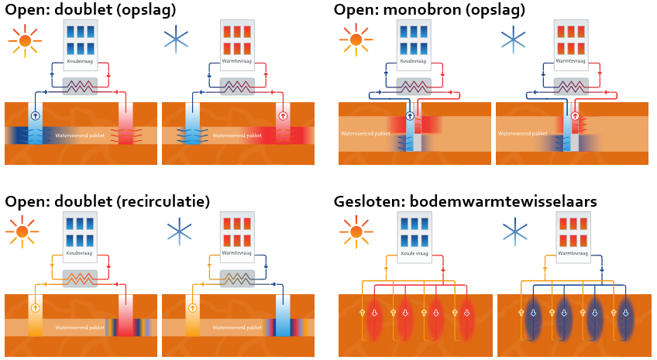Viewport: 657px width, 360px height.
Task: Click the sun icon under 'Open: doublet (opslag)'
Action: [x=26, y=39]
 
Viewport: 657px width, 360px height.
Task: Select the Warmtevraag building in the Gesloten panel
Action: [x=573, y=234]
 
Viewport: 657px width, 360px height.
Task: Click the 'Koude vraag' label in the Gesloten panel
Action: [x=414, y=253]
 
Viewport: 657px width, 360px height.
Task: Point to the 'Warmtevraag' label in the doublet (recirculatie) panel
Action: [x=237, y=252]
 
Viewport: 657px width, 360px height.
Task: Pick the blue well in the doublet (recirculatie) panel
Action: [x=284, y=317]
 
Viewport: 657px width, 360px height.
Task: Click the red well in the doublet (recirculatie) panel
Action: [x=126, y=317]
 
